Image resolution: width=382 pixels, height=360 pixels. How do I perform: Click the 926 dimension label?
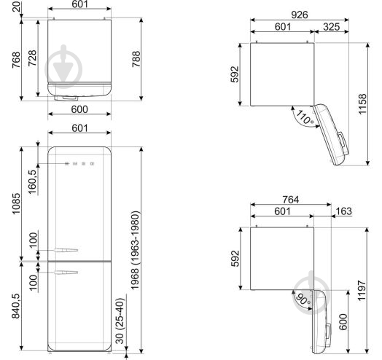pos(300,15)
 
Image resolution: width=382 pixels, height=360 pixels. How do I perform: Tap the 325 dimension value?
pos(332,27)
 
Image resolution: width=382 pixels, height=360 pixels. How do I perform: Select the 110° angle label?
pos(304,117)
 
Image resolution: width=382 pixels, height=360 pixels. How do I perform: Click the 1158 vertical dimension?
pos(362,104)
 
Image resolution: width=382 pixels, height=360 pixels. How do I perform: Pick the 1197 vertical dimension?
pos(362,291)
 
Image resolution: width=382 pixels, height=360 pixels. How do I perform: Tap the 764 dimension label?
pos(291,200)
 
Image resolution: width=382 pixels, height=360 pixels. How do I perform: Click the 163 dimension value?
pos(344,211)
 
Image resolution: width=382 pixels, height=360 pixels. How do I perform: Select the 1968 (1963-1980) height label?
pos(135,250)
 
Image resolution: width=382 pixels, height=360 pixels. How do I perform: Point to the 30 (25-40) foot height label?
pos(120,321)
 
